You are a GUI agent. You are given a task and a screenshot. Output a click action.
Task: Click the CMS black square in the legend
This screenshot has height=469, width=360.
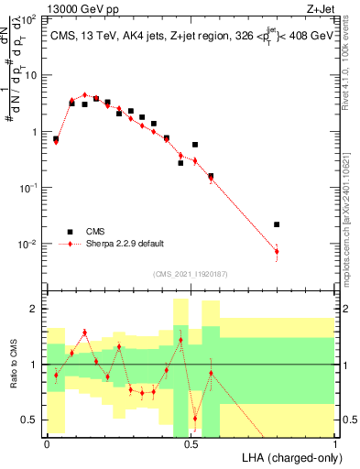pyautogui.click(x=68, y=232)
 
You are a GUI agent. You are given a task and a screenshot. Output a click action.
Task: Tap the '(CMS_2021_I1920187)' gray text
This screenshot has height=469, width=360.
pyautogui.click(x=189, y=273)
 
